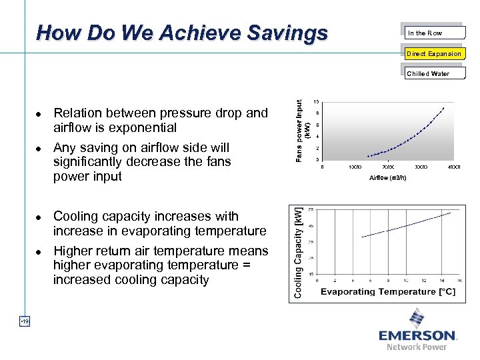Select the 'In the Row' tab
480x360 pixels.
click(425, 33)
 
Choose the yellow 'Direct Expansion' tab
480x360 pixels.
click(434, 53)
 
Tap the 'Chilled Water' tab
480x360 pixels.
click(428, 73)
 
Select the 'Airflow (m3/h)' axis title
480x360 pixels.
click(387, 178)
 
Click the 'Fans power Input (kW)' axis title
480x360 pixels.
click(303, 130)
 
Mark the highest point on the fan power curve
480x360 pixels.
click(443, 108)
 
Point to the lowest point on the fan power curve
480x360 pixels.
click(368, 156)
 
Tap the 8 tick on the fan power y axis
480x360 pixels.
click(317, 113)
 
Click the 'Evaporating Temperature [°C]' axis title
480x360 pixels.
click(388, 292)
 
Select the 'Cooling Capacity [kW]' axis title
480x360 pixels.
click(298, 252)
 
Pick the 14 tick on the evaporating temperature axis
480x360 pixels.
click(441, 280)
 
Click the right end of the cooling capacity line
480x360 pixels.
click(451, 213)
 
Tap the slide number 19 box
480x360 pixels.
click(24, 322)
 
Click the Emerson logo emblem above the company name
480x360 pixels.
click(417, 317)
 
